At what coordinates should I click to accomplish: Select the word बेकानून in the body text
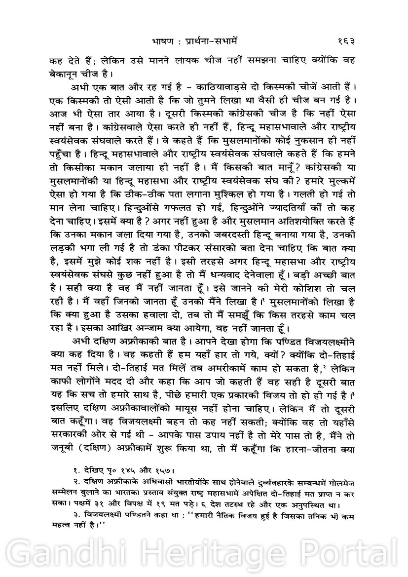click(x=66, y=74)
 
